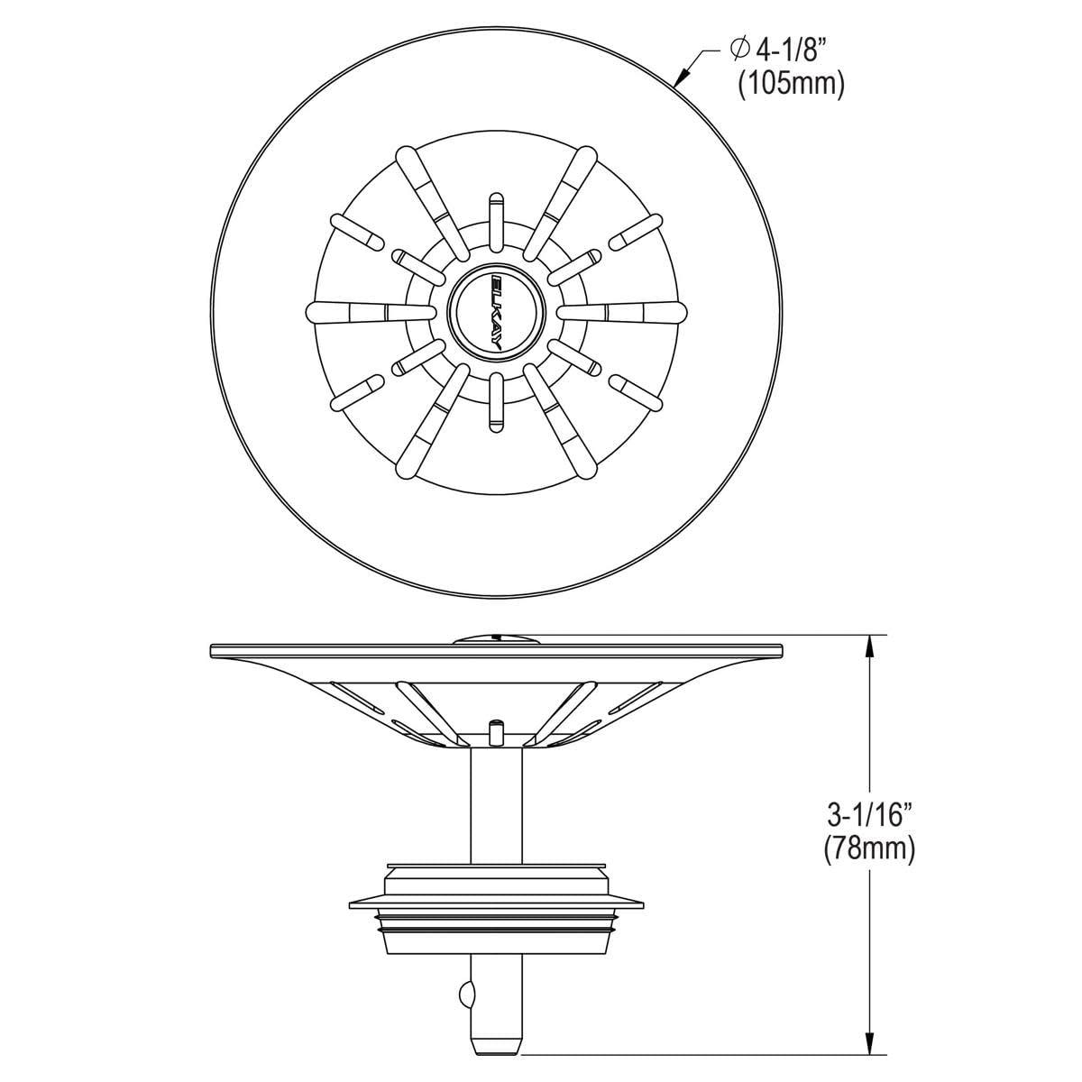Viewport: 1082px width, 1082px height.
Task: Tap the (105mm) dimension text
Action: tap(791, 86)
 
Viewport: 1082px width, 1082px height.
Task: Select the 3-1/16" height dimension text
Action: tap(869, 815)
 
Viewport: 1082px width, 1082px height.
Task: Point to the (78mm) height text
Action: tap(869, 849)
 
